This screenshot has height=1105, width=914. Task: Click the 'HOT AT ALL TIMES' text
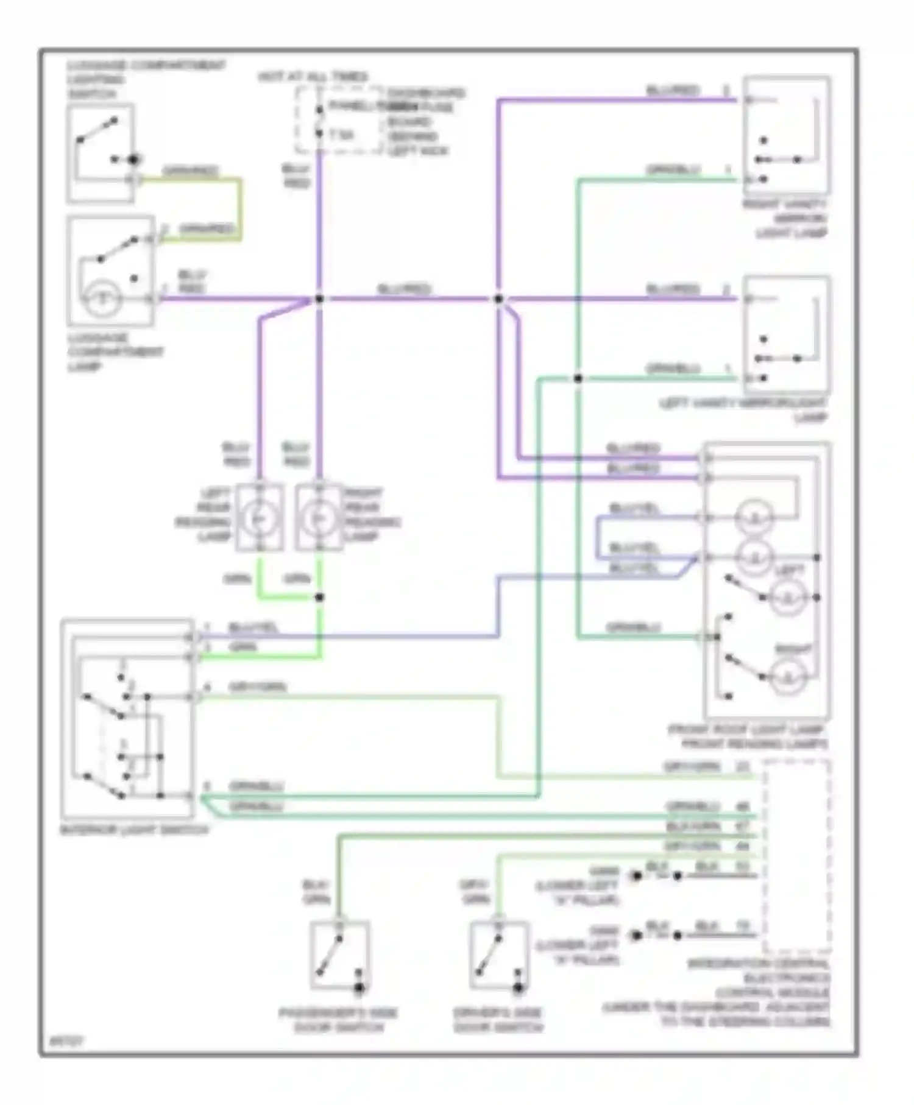click(313, 77)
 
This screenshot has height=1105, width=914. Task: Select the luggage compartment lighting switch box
click(101, 152)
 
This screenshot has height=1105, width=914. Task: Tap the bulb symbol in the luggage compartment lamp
click(102, 299)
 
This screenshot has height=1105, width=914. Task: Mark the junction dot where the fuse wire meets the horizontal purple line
click(319, 299)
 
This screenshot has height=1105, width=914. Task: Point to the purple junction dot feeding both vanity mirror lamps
click(498, 299)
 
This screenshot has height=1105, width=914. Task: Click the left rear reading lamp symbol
click(259, 518)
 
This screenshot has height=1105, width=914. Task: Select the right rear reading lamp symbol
click(319, 518)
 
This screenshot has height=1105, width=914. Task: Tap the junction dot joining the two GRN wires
click(319, 597)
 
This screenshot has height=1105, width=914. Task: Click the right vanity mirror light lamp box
click(787, 135)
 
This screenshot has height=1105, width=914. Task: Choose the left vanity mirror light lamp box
click(787, 334)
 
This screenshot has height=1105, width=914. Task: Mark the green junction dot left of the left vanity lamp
click(578, 378)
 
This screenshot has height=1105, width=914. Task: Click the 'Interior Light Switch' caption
click(133, 830)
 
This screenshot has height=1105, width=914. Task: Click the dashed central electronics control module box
click(796, 856)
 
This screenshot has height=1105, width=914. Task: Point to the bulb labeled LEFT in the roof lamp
click(787, 598)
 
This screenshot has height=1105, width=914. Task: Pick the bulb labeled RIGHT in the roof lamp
click(788, 676)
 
